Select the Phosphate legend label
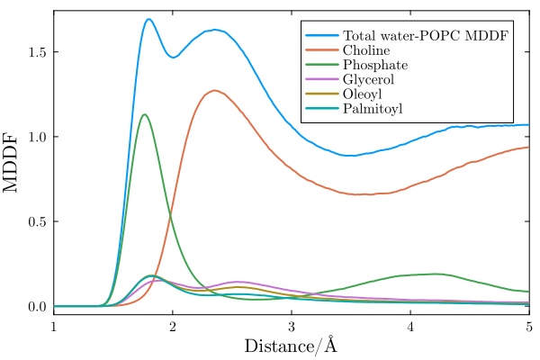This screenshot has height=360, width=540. point(375,65)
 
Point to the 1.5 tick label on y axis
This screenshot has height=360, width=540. point(35,52)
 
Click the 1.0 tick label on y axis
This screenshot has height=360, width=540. point(35,137)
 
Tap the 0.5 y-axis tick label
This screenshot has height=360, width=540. point(35,221)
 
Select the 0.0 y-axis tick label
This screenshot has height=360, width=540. point(35,307)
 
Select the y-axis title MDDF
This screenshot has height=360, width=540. point(13,162)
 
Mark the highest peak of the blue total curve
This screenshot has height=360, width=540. point(148,19)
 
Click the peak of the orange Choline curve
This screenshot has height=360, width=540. point(214,90)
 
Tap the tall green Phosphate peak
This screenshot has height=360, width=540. point(145,114)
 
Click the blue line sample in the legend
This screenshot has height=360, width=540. point(321,36)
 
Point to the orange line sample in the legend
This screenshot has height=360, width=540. point(321,50)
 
